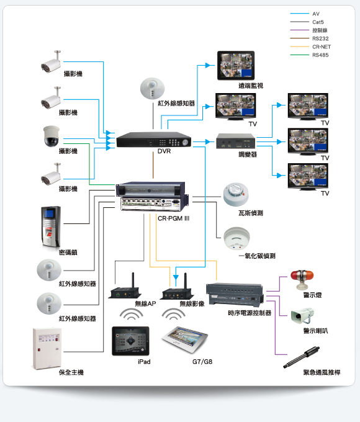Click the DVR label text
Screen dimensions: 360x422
click(164, 151)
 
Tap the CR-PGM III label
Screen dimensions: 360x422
click(173, 218)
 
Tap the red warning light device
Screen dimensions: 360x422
click(302, 279)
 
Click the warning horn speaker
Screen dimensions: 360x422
click(302, 315)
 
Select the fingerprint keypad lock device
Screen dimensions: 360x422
click(51, 227)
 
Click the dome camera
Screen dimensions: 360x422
click(51, 136)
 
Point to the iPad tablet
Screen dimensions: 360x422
click(130, 341)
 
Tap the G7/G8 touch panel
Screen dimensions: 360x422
click(185, 339)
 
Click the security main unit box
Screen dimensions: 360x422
click(47, 348)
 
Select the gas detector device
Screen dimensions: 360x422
click(236, 194)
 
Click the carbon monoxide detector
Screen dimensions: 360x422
click(236, 238)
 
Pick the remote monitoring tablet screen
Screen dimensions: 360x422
click(236, 65)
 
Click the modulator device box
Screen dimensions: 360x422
click(236, 141)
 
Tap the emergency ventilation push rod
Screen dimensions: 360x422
click(301, 357)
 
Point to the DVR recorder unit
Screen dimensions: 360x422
click(154, 140)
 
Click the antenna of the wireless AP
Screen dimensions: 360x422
click(133, 280)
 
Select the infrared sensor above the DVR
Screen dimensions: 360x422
click(153, 88)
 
